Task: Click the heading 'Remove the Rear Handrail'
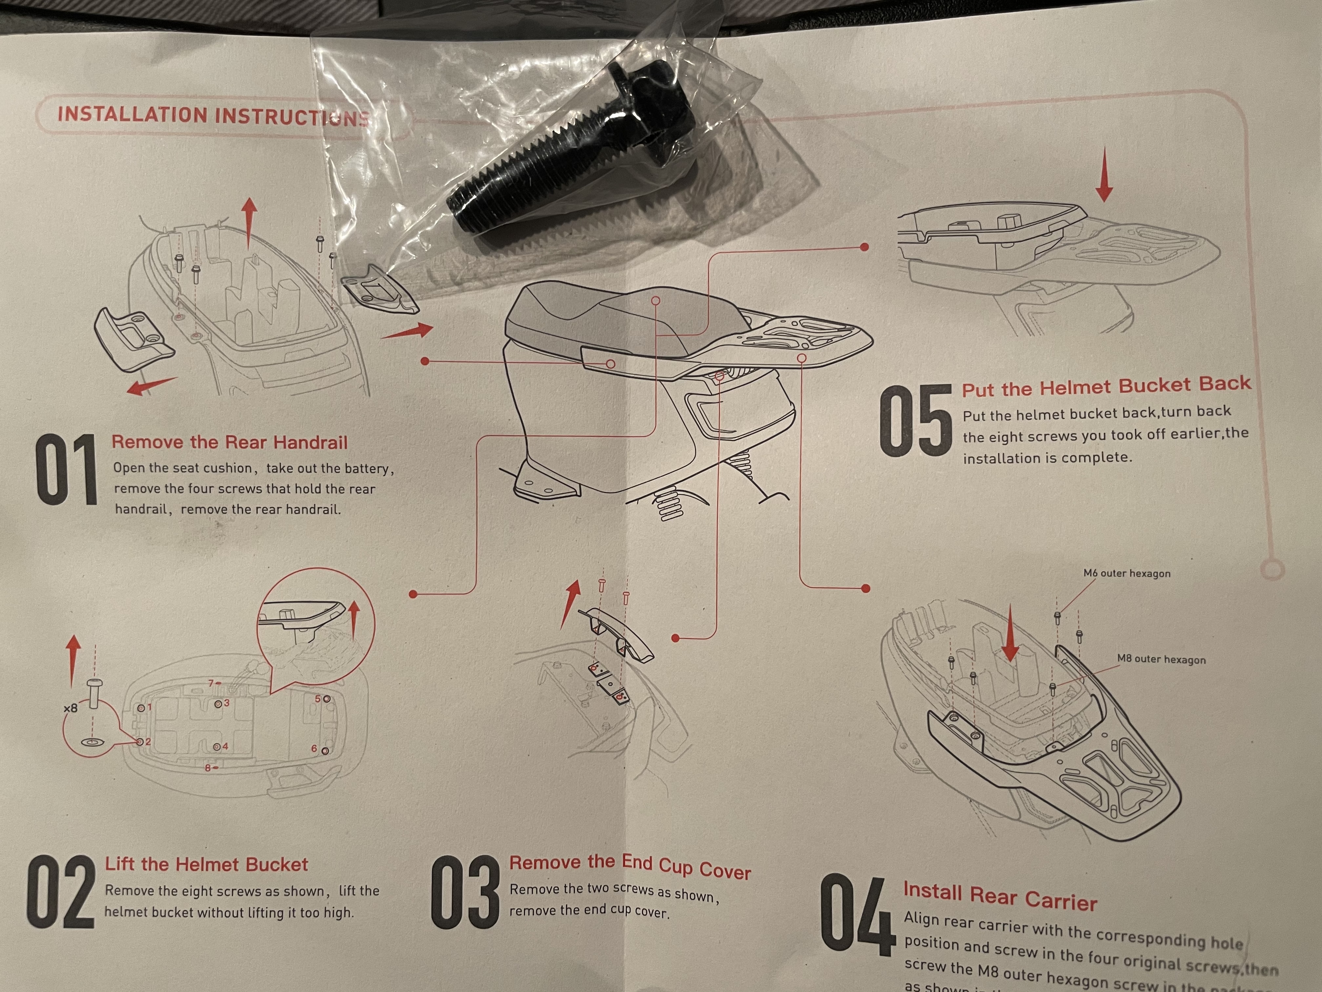[230, 443]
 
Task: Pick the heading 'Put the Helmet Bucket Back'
[1106, 386]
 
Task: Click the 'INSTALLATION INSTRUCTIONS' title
[212, 115]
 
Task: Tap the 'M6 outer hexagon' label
[1127, 573]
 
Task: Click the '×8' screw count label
[70, 709]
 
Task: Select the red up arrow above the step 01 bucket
[249, 222]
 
